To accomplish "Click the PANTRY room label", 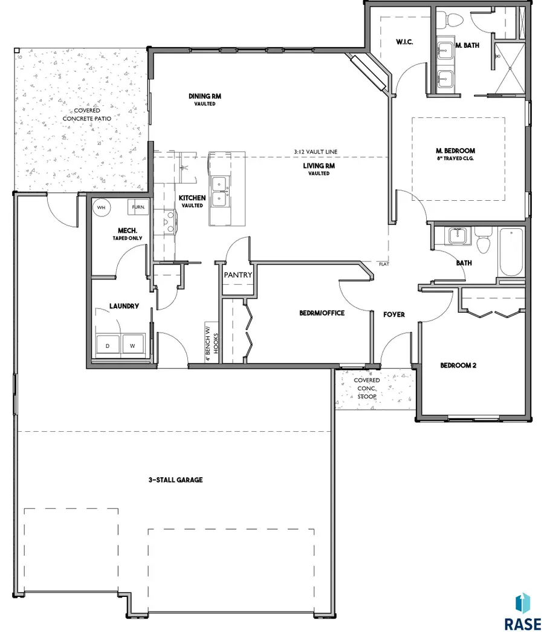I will [238, 275].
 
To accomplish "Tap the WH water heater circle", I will [102, 207].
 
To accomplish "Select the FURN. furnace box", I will [137, 207].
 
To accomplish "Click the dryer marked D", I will [109, 345].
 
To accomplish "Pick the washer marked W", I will [132, 345].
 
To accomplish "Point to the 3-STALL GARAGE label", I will [175, 480].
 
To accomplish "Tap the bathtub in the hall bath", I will [511, 251].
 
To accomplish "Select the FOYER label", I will [393, 314].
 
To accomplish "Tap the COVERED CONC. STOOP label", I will [367, 388].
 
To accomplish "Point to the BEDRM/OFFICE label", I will [322, 313].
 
